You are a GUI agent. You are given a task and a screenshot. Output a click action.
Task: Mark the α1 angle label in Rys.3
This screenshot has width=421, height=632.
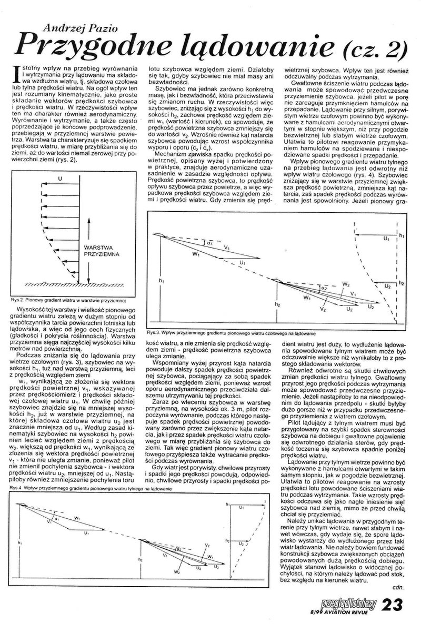[209, 244]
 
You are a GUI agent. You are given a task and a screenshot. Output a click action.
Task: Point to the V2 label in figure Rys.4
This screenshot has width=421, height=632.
[207, 545]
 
